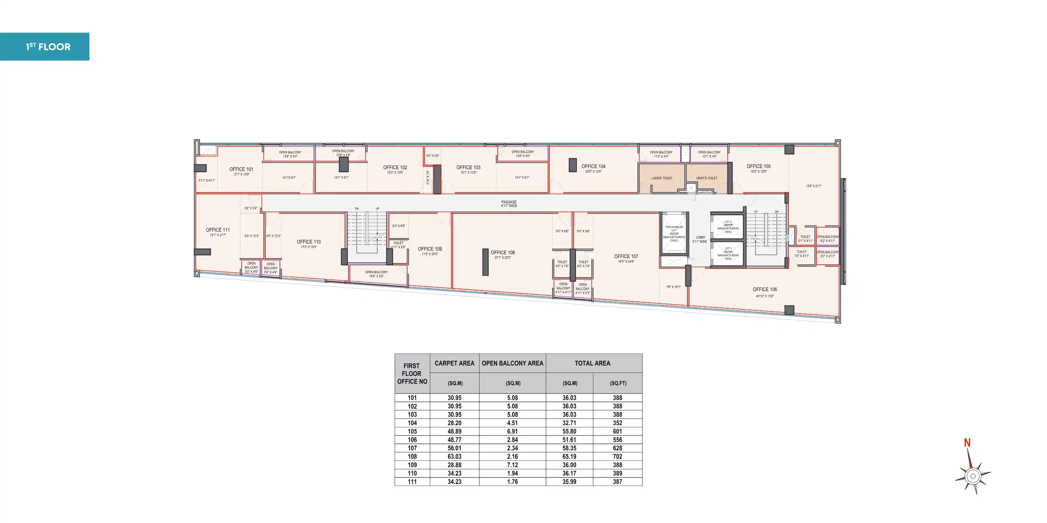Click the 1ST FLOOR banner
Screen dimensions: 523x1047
(x=45, y=47)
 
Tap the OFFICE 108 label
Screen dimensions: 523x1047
(x=502, y=253)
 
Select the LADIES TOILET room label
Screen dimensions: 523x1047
(x=662, y=178)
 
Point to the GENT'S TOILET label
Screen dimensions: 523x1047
(x=706, y=178)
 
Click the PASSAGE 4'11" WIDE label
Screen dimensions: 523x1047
(x=509, y=204)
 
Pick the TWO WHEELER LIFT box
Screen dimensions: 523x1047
(x=674, y=234)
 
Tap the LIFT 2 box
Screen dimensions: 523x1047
(x=728, y=227)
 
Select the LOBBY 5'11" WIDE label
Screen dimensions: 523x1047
(x=700, y=240)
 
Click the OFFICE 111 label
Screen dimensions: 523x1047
(x=217, y=230)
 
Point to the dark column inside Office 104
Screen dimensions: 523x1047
(x=572, y=165)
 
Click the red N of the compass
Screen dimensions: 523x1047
(x=967, y=443)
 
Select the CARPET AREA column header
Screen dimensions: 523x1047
(x=454, y=364)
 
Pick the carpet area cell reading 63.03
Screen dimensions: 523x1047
(x=454, y=456)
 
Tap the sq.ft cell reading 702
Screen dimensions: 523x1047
(x=617, y=456)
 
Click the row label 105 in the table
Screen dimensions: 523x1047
(x=412, y=431)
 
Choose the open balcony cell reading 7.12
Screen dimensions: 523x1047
(x=512, y=465)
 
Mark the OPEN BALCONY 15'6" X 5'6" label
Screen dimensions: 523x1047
(x=376, y=274)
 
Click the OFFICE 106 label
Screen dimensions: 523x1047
(x=765, y=290)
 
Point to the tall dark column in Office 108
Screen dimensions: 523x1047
(x=485, y=262)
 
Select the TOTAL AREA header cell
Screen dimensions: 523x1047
(x=592, y=364)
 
